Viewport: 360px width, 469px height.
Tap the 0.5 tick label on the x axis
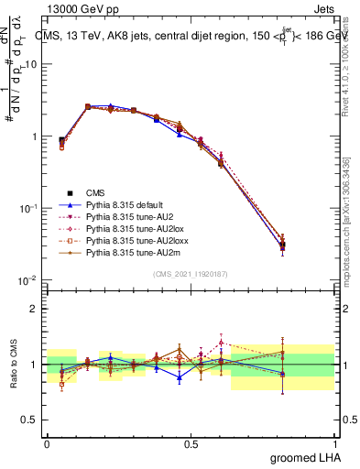tap(191, 442)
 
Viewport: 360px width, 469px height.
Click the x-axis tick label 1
tap(334, 442)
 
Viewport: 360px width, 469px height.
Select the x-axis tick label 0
tap(47, 442)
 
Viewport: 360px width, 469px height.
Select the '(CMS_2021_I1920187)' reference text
tap(191, 272)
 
